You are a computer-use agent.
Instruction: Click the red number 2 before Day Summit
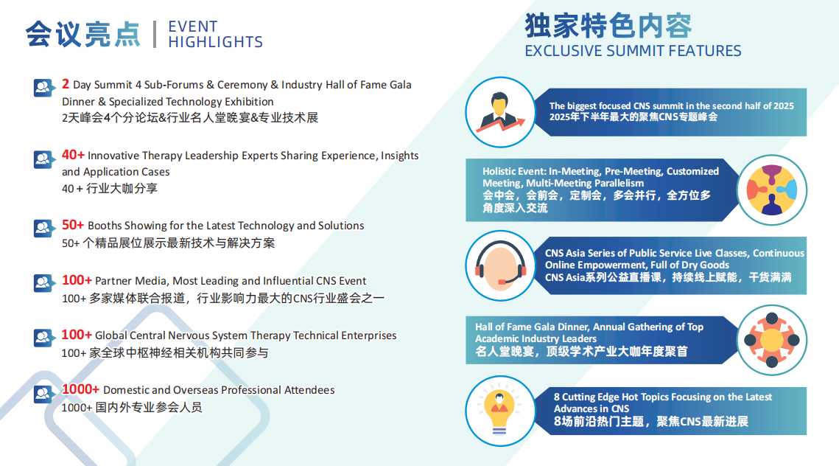66,84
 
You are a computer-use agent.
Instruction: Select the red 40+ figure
73,155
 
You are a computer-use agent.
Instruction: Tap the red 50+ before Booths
73,225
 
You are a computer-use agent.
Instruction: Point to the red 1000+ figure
80,389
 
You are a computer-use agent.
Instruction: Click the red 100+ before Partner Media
77,280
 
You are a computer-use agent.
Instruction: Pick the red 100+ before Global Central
77,335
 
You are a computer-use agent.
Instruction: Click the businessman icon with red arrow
500,112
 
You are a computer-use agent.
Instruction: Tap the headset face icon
500,265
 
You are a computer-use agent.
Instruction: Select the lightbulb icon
500,411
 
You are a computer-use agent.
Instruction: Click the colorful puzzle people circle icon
771,189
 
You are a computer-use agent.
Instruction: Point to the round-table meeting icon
771,340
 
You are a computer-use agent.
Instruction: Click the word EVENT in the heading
193,27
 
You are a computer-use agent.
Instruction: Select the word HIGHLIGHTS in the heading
216,42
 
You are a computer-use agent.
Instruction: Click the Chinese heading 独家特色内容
608,26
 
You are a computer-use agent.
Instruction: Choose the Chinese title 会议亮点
83,34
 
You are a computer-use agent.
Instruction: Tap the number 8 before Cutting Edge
556,397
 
